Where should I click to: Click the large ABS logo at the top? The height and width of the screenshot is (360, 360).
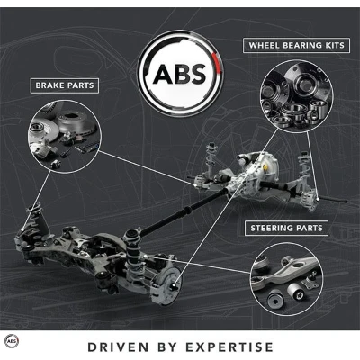tap(180, 74)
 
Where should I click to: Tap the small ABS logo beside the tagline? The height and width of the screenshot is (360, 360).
tap(13, 341)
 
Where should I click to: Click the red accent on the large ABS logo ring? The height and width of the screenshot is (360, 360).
tap(219, 63)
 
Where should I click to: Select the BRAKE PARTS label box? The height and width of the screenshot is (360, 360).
tap(65, 85)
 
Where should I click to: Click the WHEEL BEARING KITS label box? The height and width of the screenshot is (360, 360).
tap(296, 46)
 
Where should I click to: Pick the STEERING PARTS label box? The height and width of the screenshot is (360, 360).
tap(286, 228)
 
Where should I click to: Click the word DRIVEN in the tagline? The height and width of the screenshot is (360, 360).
tap(119, 346)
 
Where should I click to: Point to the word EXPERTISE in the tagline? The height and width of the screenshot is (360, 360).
tap(229, 346)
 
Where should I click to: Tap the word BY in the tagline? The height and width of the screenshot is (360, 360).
tap(167, 346)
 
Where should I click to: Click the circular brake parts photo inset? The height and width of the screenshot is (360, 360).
tap(63, 137)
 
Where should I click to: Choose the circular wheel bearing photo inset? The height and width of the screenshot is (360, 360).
tap(296, 95)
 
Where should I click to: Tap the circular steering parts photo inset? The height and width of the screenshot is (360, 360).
tap(287, 279)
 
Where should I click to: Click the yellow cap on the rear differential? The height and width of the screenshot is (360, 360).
tap(265, 166)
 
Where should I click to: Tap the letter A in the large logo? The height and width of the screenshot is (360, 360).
tap(163, 74)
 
